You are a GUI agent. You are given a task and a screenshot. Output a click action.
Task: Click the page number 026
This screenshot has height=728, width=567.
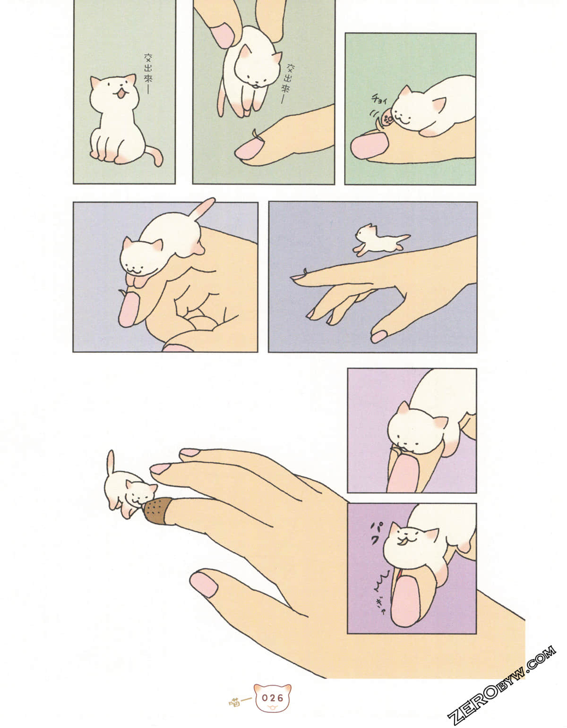[273, 697]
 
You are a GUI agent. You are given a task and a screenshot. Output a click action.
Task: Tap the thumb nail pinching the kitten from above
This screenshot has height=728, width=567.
[222, 35]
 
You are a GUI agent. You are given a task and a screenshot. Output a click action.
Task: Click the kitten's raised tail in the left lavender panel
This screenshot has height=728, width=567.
[202, 210]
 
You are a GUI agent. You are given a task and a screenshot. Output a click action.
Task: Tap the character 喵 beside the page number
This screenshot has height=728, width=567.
[235, 701]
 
